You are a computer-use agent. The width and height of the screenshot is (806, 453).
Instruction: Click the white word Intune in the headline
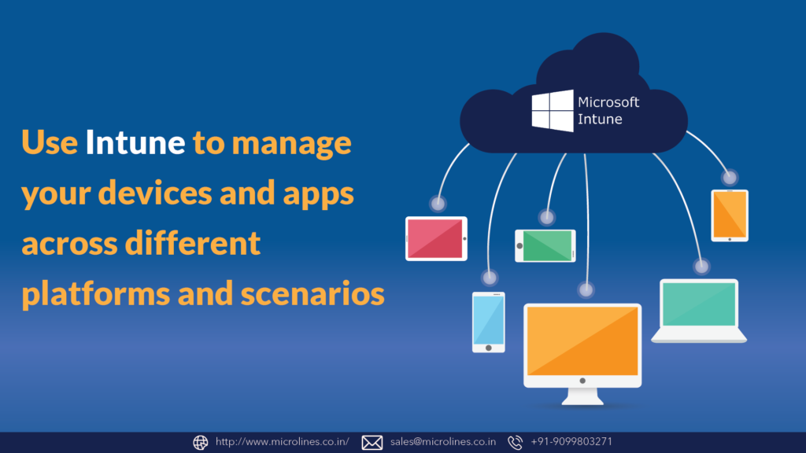[x=135, y=143]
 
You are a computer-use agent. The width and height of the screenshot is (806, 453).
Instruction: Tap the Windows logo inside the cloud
[x=552, y=111]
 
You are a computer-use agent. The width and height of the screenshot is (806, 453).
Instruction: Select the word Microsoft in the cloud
[x=608, y=102]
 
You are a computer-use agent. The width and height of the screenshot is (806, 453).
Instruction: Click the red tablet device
[x=436, y=238]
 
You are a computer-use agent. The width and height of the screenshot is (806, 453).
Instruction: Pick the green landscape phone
[x=545, y=245]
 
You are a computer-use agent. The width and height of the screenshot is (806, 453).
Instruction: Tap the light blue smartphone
[x=488, y=321]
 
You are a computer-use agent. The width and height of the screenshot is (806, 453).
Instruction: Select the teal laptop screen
[x=699, y=304]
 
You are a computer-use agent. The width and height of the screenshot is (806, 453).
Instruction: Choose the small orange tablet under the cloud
[x=730, y=215]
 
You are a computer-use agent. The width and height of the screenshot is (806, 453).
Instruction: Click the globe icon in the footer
[x=201, y=442]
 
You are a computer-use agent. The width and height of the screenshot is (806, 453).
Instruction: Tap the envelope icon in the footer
[x=372, y=442]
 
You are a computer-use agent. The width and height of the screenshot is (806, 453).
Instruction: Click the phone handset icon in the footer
[x=516, y=442]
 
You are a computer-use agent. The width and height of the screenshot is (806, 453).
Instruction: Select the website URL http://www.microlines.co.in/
[x=282, y=442]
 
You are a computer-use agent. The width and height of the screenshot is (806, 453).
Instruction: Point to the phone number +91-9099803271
[x=571, y=442]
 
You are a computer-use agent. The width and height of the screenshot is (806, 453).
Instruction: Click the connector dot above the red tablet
[x=438, y=204]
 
